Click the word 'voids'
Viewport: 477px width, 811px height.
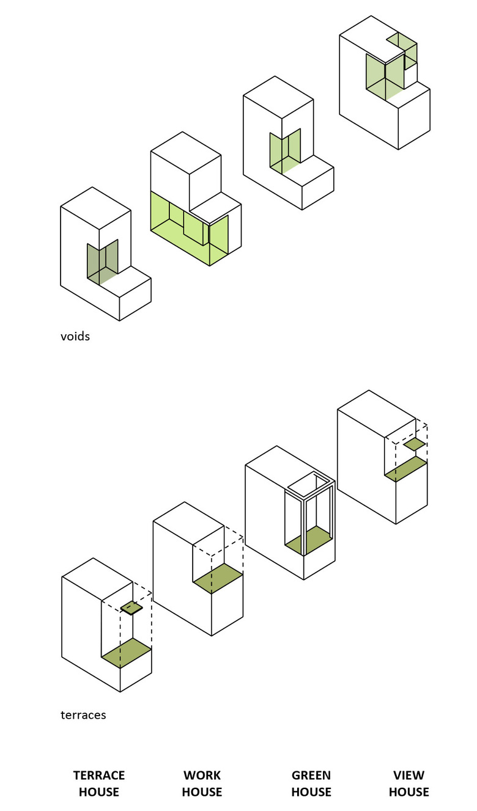click(x=75, y=336)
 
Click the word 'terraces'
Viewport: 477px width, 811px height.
click(x=83, y=715)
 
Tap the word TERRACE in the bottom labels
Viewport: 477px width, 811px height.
click(x=99, y=775)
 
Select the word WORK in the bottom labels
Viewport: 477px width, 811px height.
click(x=202, y=775)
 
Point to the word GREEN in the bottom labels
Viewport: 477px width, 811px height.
click(x=311, y=775)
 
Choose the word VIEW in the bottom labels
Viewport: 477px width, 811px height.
click(x=409, y=775)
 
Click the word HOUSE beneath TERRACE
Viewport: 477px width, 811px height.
click(x=99, y=792)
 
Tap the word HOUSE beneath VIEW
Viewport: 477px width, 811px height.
click(x=409, y=792)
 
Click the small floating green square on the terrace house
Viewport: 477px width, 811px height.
click(x=132, y=608)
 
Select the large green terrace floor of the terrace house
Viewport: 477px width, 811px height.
click(x=127, y=653)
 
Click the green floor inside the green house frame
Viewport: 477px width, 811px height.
click(x=308, y=540)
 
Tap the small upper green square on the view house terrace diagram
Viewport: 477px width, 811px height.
click(x=415, y=444)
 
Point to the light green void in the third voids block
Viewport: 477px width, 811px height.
click(x=285, y=151)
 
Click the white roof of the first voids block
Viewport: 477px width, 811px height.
click(x=95, y=208)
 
